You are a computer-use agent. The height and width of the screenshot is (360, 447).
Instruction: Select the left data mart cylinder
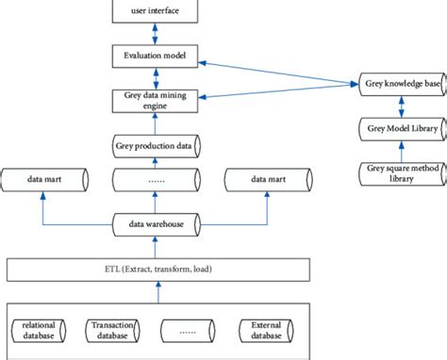(x=46, y=177)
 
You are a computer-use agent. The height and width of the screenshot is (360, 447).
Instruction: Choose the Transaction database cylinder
(x=113, y=332)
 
